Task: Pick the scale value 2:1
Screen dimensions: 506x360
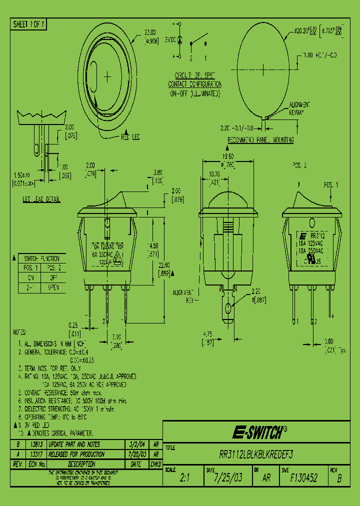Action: (184, 478)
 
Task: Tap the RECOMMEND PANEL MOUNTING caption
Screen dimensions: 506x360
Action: (260, 140)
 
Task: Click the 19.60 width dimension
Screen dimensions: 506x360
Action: (228, 157)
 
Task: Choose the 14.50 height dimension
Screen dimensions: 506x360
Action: (153, 246)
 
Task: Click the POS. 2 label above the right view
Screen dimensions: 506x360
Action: (298, 165)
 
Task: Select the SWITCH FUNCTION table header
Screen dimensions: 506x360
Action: (42, 258)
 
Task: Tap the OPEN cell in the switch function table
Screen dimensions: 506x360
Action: (53, 287)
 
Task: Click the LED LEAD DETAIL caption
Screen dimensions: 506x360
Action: (41, 200)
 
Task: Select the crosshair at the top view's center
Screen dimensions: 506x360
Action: (107, 76)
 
